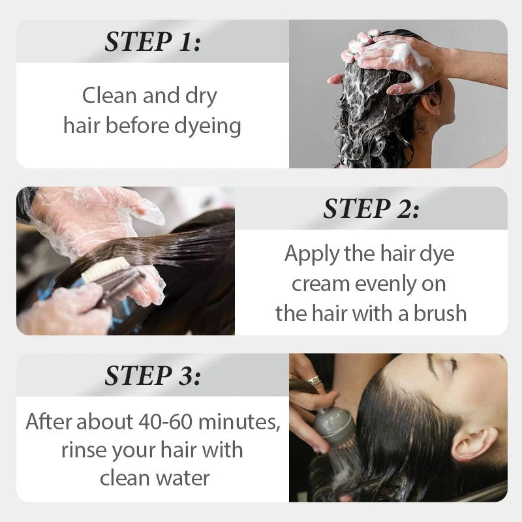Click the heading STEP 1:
pos(153,42)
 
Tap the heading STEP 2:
pos(371,208)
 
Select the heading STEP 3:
pos(153,375)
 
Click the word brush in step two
pos(440,313)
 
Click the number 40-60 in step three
pos(165,422)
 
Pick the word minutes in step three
pos(239,422)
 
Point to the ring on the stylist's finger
pos(314,380)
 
